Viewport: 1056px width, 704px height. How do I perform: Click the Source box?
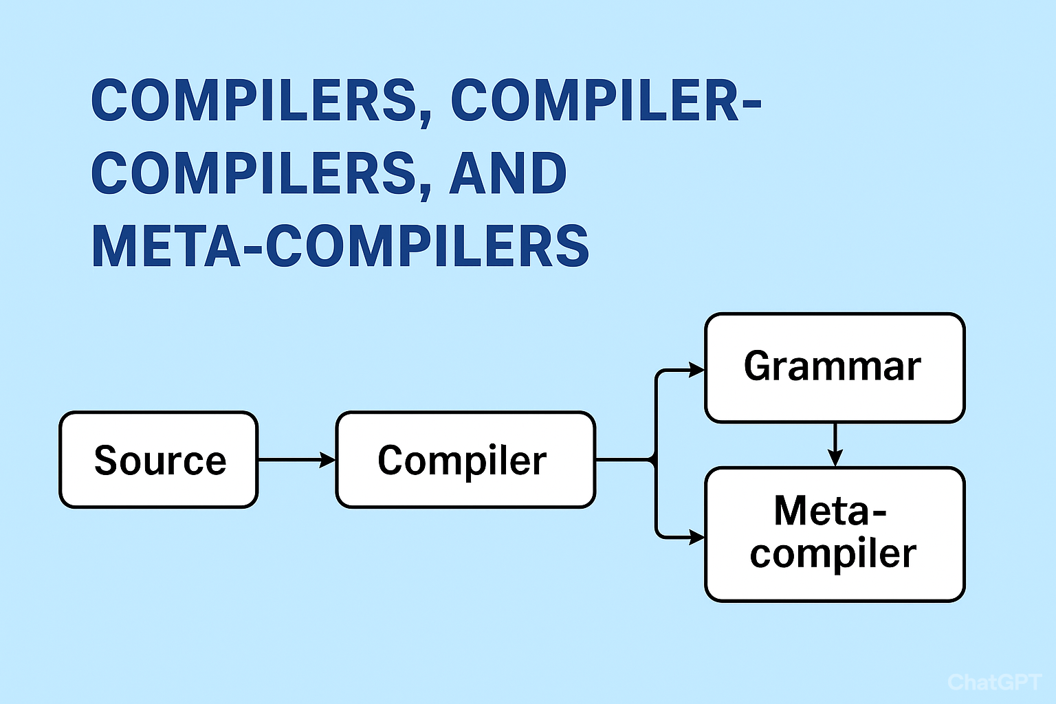[x=158, y=460]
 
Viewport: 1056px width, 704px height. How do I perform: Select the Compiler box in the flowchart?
[x=465, y=460]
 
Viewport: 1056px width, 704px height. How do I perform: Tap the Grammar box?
[x=835, y=367]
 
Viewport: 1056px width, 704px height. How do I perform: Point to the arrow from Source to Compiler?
[x=296, y=459]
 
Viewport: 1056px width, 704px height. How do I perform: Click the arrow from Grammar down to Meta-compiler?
[x=835, y=445]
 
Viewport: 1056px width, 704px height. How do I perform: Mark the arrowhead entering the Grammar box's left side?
[x=696, y=370]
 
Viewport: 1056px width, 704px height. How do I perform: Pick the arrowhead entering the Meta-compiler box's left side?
[x=696, y=537]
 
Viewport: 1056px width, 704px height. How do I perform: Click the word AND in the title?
[x=508, y=173]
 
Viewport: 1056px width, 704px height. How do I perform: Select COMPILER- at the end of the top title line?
[x=606, y=100]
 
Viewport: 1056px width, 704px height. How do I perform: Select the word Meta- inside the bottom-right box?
[x=830, y=511]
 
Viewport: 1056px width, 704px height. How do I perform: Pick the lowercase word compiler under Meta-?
[x=833, y=553]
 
